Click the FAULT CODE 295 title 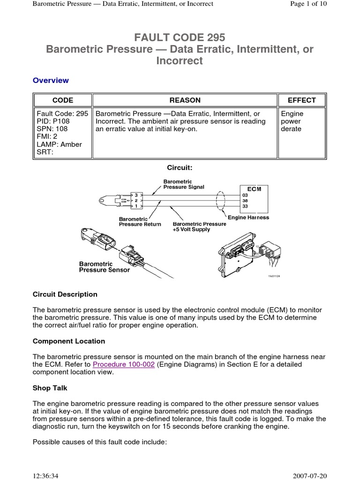[x=180, y=37]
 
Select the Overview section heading [x=51, y=80]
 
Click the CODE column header [x=62, y=100]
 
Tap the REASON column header [x=185, y=100]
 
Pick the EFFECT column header [x=301, y=100]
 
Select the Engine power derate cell [x=292, y=121]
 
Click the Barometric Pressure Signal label [x=183, y=184]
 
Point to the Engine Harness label [x=248, y=217]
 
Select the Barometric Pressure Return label [x=140, y=221]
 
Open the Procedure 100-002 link [x=124, y=364]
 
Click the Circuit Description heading [x=65, y=294]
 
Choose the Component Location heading [x=69, y=341]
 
